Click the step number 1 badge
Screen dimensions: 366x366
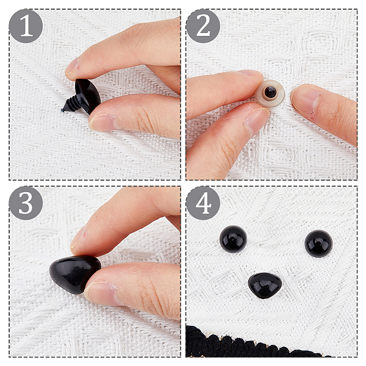point(26,26)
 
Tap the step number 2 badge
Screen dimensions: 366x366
point(203,26)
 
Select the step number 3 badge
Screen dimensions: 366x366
point(26,203)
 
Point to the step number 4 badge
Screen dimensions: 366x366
point(203,203)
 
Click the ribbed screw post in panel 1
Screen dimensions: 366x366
point(71,104)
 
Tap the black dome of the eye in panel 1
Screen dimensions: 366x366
point(88,95)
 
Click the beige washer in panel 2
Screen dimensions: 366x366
point(270,93)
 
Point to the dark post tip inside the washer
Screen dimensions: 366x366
point(270,91)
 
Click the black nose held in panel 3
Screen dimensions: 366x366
point(75,274)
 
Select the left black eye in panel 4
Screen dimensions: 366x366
point(233,239)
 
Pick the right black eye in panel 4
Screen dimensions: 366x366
point(318,243)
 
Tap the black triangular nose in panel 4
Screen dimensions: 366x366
point(265,285)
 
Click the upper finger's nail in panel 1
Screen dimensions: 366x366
point(73,66)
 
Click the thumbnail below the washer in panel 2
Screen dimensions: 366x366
point(257,120)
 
